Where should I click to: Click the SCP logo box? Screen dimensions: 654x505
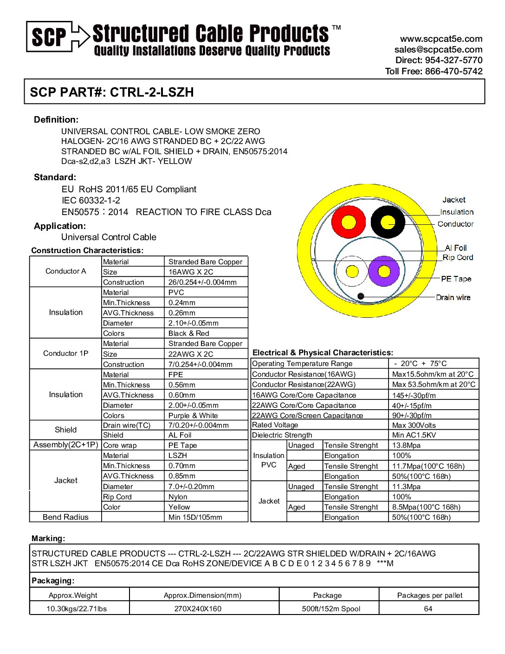point(49,36)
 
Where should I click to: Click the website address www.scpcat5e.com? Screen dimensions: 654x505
point(441,39)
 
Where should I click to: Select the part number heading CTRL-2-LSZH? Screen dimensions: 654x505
point(112,92)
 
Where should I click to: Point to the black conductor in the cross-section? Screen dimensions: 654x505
point(388,222)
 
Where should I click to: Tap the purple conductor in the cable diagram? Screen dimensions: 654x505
point(384,272)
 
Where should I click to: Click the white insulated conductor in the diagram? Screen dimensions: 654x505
point(352,272)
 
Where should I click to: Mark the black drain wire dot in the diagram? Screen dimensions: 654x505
point(361,296)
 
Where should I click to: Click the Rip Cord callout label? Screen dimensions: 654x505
point(458,257)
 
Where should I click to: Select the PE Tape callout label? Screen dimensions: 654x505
point(456,279)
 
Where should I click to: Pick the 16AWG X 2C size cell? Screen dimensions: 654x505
point(191,272)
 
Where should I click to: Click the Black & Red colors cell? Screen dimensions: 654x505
point(189,334)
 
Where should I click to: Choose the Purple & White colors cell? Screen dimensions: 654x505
point(193,416)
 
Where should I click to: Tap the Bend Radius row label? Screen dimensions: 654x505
point(65,517)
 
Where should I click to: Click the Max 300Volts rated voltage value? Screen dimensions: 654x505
point(414,425)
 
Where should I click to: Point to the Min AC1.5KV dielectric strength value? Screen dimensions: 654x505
point(414,435)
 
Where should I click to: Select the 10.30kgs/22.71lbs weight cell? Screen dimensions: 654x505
point(77,608)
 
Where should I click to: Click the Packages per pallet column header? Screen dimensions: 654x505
point(430,595)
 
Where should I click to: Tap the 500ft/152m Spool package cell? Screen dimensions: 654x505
point(331,608)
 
